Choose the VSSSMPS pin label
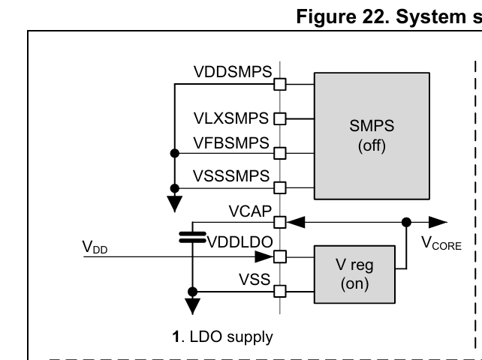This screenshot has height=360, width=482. [x=233, y=176]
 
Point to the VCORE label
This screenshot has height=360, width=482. [x=441, y=244]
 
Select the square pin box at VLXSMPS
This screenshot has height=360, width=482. [x=281, y=118]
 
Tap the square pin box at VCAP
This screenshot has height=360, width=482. [x=281, y=222]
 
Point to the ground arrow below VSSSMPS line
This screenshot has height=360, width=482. [x=174, y=201]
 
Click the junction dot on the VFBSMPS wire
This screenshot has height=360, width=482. [x=174, y=153]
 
